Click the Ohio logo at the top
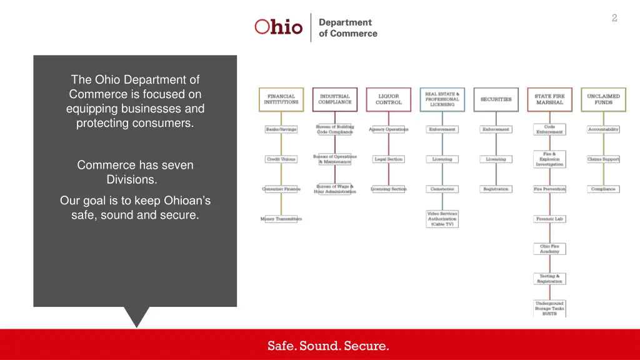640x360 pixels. [x=279, y=27]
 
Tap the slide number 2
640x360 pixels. [x=614, y=18]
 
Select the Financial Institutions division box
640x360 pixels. [x=281, y=99]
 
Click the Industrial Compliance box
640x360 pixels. [x=335, y=99]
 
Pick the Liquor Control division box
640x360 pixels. [x=389, y=99]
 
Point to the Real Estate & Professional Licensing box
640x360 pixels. [x=442, y=99]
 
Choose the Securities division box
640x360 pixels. [x=496, y=99]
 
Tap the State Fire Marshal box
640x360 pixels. [x=549, y=99]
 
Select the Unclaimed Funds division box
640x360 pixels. [x=603, y=99]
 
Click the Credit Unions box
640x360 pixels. [x=281, y=159]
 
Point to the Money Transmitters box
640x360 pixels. [x=281, y=219]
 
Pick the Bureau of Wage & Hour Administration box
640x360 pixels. [x=335, y=189]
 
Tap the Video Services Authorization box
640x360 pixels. [x=442, y=219]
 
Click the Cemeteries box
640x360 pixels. [x=442, y=189]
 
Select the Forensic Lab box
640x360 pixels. [x=549, y=219]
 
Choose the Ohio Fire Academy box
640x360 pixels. [x=549, y=249]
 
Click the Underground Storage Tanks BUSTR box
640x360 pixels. [x=549, y=309]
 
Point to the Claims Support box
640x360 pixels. [x=603, y=159]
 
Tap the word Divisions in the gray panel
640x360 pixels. [x=132, y=180]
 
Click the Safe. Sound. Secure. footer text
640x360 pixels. [x=328, y=346]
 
